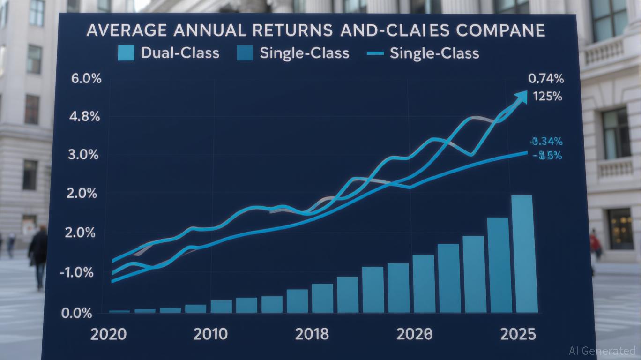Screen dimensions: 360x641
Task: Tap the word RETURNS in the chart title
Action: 286,31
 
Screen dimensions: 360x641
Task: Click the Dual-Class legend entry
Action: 169,52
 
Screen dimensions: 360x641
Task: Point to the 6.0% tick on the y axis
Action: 86,78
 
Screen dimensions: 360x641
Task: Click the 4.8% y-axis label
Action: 84,117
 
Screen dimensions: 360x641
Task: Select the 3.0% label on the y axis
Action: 83,155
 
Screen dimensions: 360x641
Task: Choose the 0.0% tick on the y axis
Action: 77,313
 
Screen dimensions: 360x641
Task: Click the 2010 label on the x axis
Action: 210,335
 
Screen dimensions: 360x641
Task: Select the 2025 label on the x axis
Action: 518,335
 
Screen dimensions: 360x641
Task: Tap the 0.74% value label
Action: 545,79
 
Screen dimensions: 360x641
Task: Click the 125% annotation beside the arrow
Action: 547,97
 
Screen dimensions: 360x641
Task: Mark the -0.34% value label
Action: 546,141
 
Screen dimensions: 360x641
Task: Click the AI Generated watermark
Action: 602,350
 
